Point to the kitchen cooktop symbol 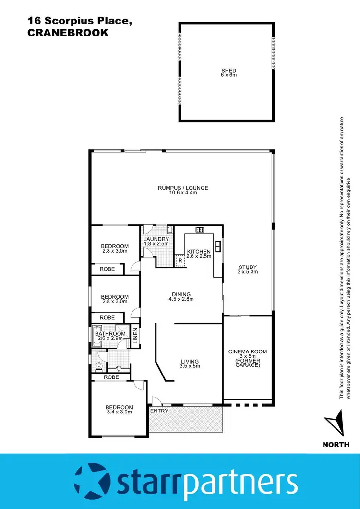point(200,229)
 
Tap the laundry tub point(169,230)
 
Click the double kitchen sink point(218,245)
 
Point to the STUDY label point(248,267)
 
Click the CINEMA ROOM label point(247,351)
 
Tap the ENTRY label point(159,411)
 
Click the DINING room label point(181,294)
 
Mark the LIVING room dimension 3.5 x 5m point(190,366)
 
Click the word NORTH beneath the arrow point(336,445)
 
